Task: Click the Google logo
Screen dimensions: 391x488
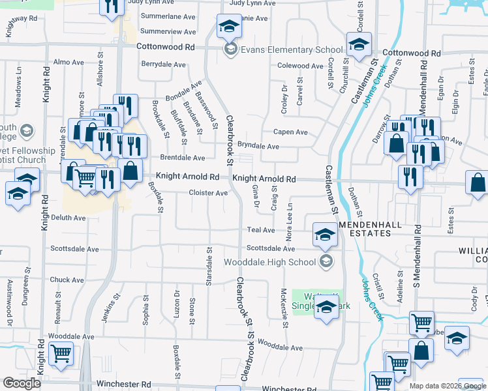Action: (22, 383)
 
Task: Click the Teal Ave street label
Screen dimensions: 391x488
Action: (260, 230)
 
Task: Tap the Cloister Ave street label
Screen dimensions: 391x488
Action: (208, 193)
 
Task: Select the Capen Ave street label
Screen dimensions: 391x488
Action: (290, 132)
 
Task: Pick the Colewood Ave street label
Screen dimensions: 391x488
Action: (300, 66)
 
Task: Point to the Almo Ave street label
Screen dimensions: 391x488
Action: (69, 63)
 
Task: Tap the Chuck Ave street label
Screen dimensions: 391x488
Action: (67, 280)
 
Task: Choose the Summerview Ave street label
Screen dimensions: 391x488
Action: (168, 31)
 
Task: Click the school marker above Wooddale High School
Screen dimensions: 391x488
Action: (325, 235)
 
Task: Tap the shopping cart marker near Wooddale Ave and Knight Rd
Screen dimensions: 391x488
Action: (61, 354)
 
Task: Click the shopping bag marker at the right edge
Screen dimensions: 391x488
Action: (478, 183)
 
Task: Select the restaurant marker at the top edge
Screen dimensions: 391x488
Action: (112, 7)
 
